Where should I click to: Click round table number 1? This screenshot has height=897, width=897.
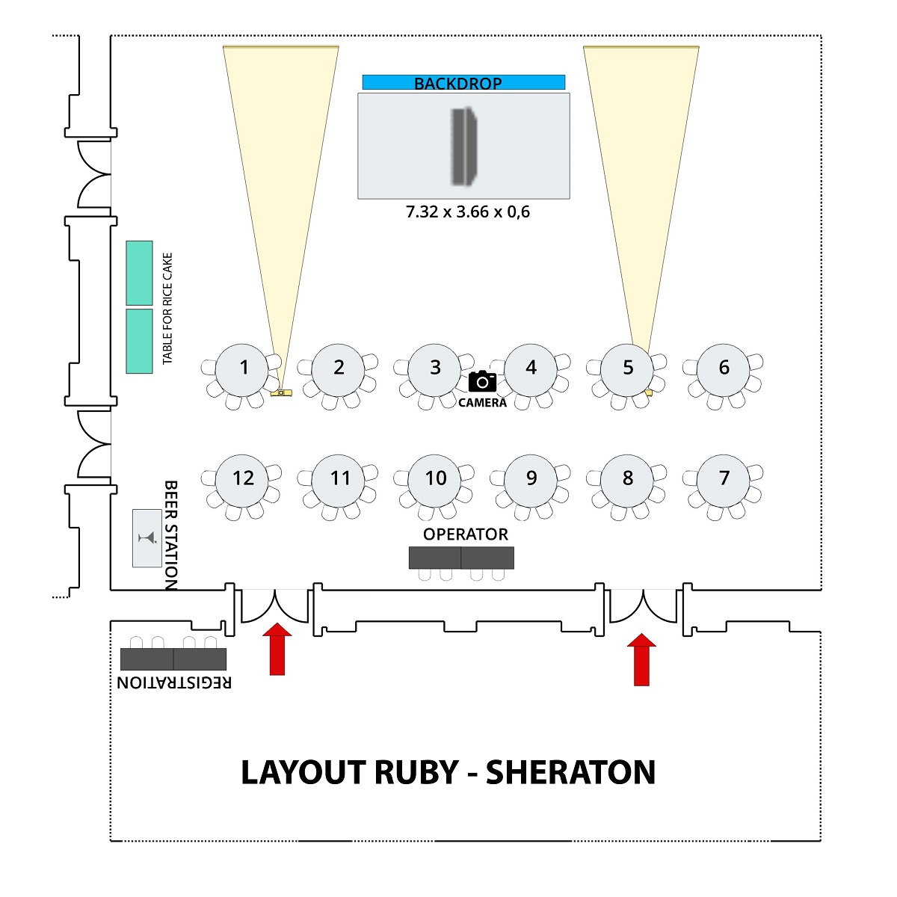click(243, 369)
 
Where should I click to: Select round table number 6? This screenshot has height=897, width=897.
click(724, 369)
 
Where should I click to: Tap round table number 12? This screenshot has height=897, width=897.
click(243, 479)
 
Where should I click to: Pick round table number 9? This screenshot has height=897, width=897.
click(531, 479)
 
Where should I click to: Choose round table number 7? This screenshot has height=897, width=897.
click(724, 479)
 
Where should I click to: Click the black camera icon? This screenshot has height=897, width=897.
click(482, 381)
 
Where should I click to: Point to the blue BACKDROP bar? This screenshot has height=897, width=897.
click(463, 82)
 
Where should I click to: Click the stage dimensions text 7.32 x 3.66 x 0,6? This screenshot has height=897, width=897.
click(468, 212)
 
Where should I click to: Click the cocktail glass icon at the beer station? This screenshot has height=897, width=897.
click(147, 537)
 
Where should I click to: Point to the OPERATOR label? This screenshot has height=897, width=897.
click(465, 534)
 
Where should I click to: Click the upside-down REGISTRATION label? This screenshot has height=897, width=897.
click(174, 682)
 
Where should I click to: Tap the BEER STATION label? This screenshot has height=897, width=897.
click(171, 535)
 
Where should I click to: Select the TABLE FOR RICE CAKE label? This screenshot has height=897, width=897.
click(167, 309)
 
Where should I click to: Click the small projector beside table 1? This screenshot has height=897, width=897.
click(281, 392)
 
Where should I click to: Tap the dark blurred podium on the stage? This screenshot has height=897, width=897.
click(463, 146)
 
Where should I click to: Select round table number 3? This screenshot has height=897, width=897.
click(435, 369)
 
